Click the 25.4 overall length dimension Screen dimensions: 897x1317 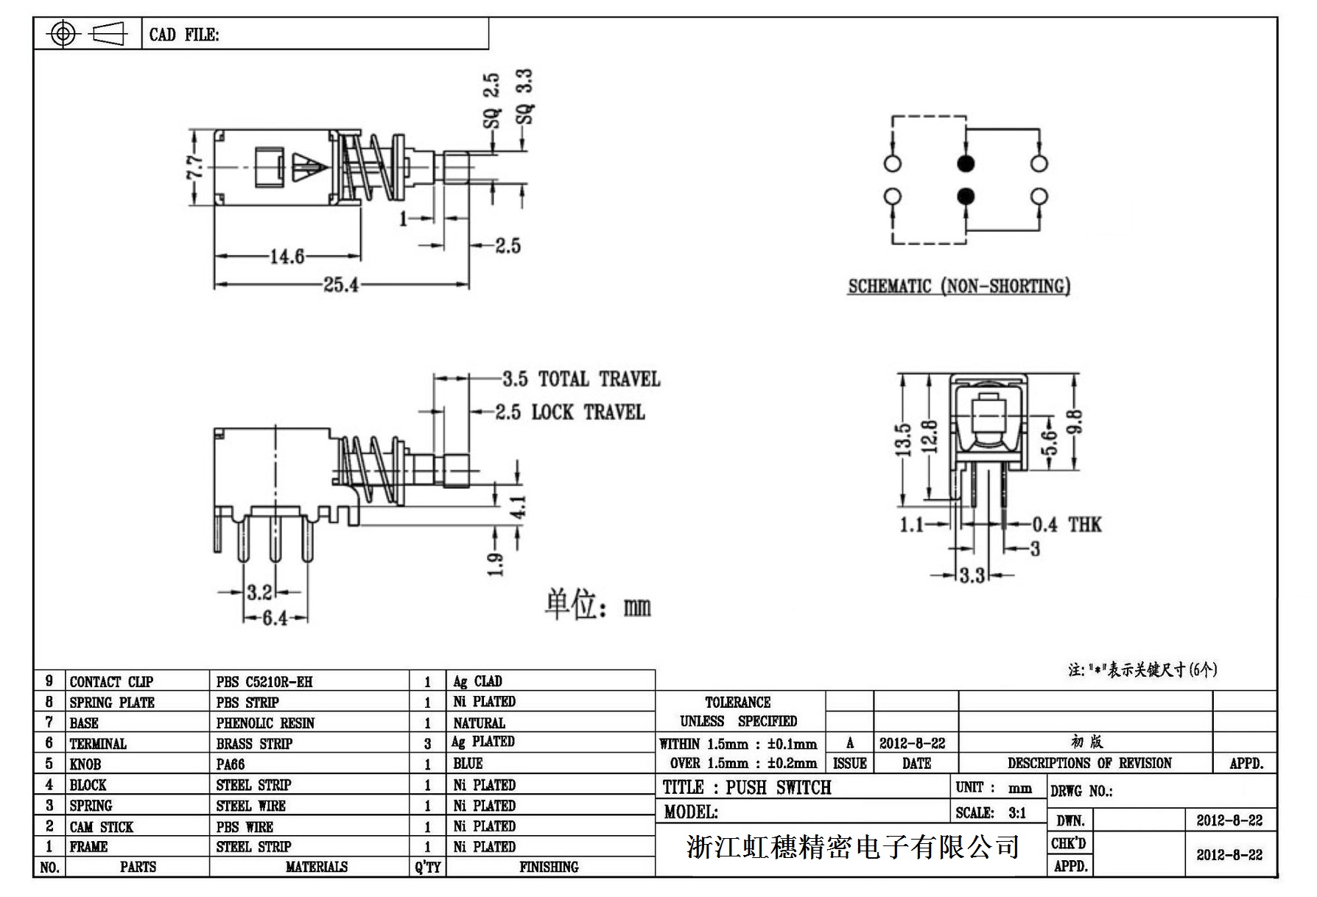click(x=340, y=284)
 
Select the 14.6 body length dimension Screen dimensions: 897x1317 click(x=287, y=256)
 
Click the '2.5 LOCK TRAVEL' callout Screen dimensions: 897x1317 click(x=569, y=412)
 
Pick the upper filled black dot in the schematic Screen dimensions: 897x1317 click(x=965, y=163)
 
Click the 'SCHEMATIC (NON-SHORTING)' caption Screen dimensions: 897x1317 click(x=959, y=286)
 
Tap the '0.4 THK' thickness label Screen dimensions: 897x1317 click(x=1066, y=524)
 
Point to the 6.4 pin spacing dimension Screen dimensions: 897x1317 click(x=275, y=618)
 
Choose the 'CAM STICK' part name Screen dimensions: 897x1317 click(x=102, y=826)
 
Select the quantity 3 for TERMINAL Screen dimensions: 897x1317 click(x=427, y=744)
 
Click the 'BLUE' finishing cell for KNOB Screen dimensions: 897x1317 click(x=468, y=764)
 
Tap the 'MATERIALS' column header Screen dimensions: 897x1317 click(x=316, y=867)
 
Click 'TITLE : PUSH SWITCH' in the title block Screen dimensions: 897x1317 click(x=747, y=787)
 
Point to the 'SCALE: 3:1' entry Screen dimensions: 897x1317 click(x=991, y=813)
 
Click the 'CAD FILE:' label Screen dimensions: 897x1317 click(x=184, y=35)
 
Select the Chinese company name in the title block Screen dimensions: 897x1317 click(x=852, y=847)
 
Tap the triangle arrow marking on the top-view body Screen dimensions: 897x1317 click(x=306, y=166)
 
